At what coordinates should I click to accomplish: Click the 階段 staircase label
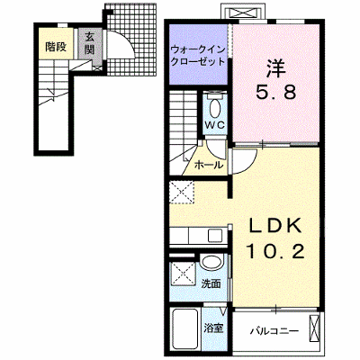pos(56,47)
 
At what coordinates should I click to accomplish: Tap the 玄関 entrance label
pos(89,43)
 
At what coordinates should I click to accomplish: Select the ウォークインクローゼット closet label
pos(198,55)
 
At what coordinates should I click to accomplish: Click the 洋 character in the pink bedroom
pos(275,67)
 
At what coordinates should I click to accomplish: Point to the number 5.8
pos(275,92)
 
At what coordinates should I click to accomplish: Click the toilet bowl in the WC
pos(214,109)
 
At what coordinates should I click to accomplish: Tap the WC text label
pos(214,125)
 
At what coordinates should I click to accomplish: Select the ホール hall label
pos(209,165)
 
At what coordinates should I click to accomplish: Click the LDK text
pos(274,227)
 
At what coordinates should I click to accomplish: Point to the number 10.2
pos(275,251)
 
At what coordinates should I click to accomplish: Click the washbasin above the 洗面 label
pos(212,262)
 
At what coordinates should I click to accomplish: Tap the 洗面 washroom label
pos(211,283)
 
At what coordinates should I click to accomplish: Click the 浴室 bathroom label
pos(213,328)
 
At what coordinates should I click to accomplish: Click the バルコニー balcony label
pos(274,331)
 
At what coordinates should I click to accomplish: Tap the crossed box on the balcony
pos(314,328)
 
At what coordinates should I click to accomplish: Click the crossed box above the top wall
pos(242,13)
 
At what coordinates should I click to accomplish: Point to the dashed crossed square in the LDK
pos(182,192)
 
